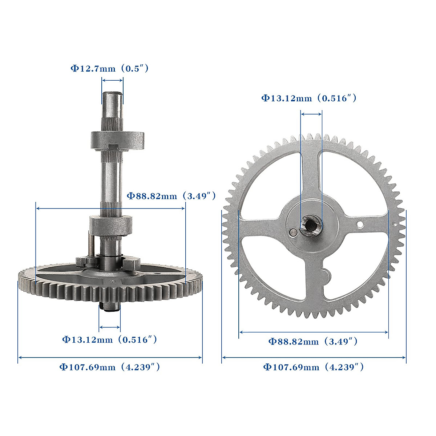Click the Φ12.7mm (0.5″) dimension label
pos(109,69)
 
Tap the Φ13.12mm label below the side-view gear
pos(109,340)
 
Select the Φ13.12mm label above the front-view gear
pos(309,98)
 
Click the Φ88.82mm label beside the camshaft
pos(171,196)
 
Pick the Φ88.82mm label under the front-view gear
pos(313,341)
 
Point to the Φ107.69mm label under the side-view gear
pos(110,367)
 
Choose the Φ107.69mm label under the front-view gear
pos(313,367)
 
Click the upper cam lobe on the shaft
pos(117,140)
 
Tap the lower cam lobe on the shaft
pos(111,226)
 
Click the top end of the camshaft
pos(112,93)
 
